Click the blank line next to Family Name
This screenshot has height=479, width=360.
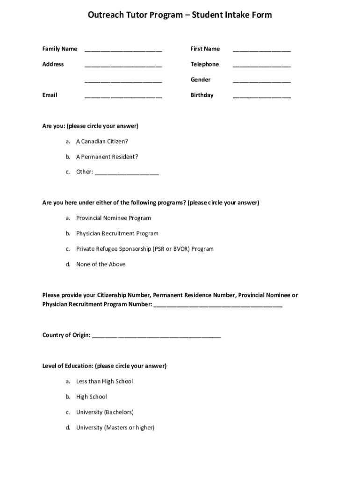coord(123,50)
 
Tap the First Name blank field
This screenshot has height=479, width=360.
coord(261,50)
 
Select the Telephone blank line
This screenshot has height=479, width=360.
coord(261,65)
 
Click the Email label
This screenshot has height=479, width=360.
coord(50,95)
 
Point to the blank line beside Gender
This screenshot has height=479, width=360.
coord(261,80)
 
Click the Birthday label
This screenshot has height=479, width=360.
coord(202,95)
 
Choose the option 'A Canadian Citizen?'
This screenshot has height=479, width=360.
coord(102,141)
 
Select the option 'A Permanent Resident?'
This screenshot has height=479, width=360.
coord(107,157)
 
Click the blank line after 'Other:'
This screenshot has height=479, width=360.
coord(127,173)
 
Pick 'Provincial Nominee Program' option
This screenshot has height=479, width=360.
coord(114,218)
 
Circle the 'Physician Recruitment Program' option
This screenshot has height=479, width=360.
coord(117,233)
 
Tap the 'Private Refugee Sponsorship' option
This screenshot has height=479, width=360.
coord(144,249)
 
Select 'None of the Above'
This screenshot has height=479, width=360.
coord(101,264)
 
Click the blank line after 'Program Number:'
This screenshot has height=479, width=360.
coord(217,306)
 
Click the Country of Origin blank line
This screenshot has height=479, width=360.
coord(156,336)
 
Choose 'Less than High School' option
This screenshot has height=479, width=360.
coord(104,381)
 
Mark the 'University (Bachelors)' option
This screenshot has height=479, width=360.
coord(105,412)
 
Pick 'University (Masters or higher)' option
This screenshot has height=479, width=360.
coord(115,428)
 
